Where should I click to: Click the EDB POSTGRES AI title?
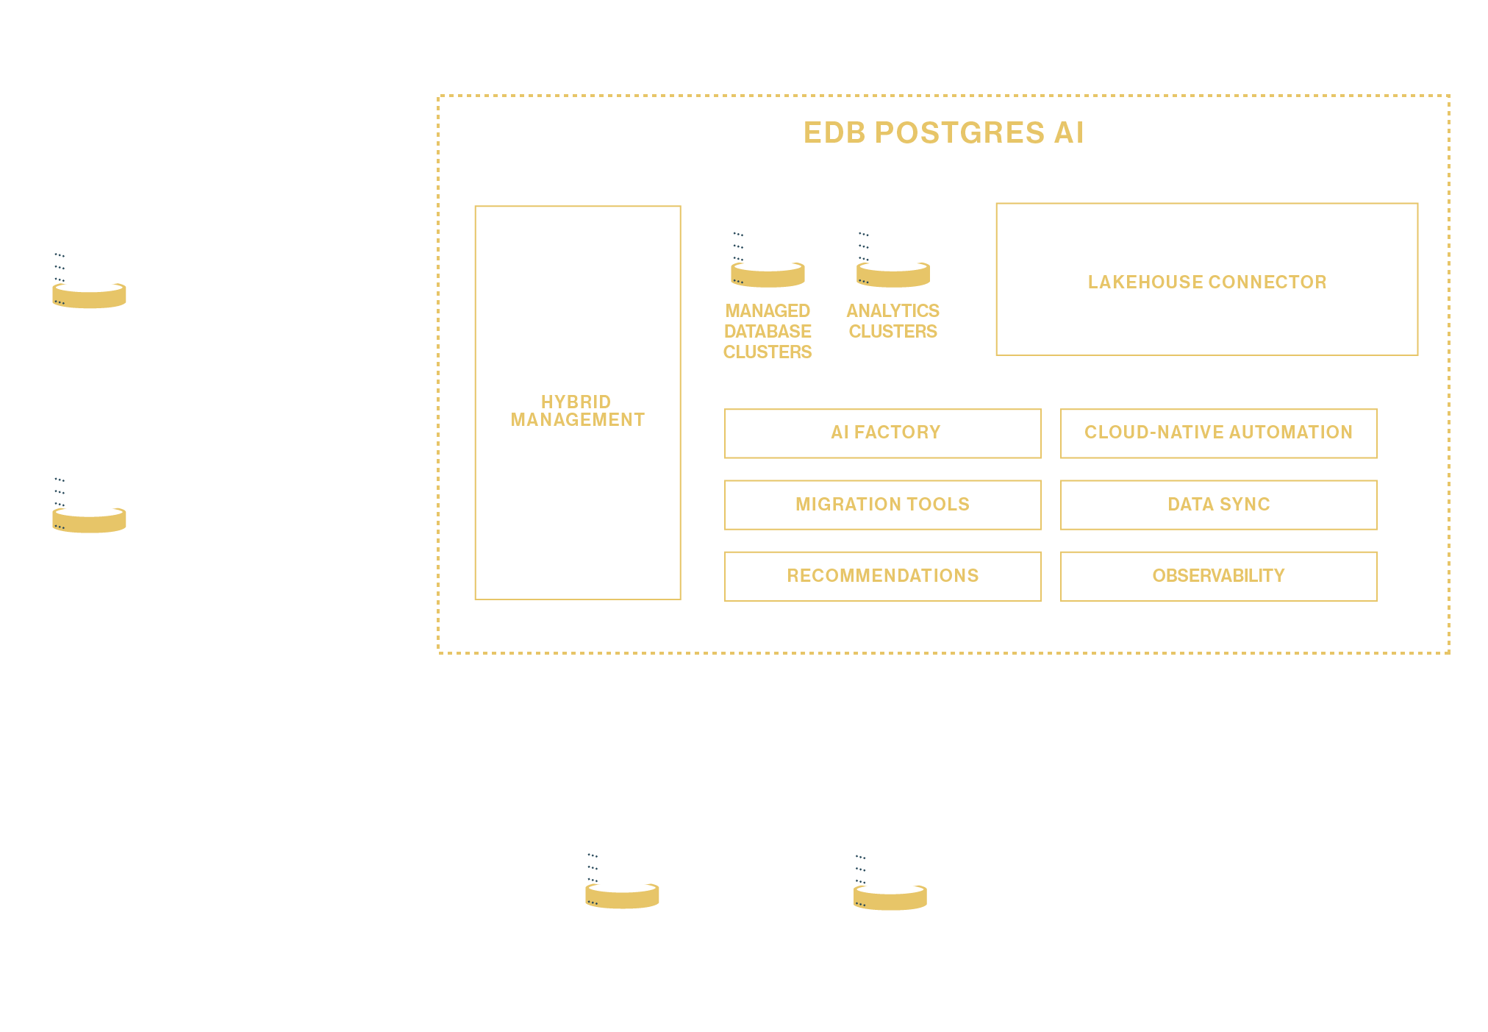coord(943,133)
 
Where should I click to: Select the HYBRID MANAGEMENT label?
coord(577,410)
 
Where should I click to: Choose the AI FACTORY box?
coord(883,433)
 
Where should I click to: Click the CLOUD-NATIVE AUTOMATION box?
coord(1218,433)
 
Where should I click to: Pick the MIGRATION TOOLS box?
coord(883,505)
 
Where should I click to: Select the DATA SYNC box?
coord(1218,505)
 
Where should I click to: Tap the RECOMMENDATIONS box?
coord(883,576)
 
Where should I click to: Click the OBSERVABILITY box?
coord(1218,576)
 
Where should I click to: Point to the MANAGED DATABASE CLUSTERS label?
coord(768,332)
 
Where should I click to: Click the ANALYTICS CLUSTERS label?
coord(893,321)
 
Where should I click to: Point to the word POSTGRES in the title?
coord(959,133)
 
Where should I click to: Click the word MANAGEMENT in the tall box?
coord(577,420)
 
